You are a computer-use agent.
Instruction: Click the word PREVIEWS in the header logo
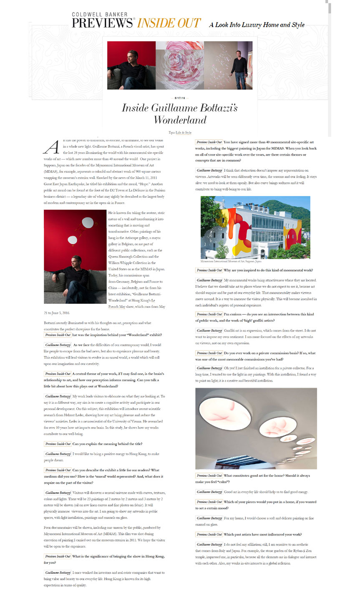click(102, 23)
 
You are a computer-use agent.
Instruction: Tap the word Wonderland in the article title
click(180, 120)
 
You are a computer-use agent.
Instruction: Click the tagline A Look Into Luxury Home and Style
click(257, 25)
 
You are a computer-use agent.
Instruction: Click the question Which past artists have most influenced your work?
click(262, 534)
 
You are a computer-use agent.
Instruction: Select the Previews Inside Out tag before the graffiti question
click(209, 314)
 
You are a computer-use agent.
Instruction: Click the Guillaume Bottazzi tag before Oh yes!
click(209, 368)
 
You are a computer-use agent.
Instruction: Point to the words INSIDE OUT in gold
click(169, 23)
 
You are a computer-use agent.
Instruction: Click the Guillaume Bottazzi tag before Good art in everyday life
click(209, 492)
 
